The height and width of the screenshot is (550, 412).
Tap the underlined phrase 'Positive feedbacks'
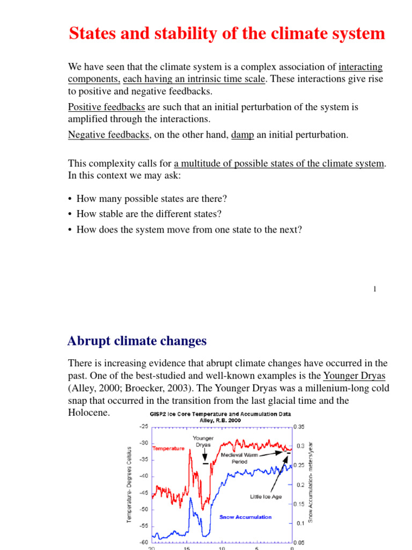point(106,107)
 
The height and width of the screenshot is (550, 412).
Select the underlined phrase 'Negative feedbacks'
point(108,135)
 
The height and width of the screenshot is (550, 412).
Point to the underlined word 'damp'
point(242,135)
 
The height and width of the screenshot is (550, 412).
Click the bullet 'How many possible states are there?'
point(152,199)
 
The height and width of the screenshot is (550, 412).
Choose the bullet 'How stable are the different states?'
point(149,214)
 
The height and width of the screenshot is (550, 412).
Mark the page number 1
point(374,290)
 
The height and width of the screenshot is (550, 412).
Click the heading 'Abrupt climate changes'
point(137,341)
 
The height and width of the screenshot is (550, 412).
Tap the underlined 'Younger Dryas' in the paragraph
point(355,375)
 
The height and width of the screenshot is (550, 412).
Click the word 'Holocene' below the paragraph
point(89,413)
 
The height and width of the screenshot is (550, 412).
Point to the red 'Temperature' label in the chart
point(168,448)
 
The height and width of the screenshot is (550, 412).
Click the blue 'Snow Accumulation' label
point(245,517)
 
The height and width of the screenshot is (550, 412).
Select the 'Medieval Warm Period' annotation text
point(239,458)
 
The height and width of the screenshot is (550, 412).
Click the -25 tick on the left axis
point(143,428)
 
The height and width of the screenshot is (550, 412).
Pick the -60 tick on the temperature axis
point(143,543)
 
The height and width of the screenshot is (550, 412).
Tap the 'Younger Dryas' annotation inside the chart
point(203,442)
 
